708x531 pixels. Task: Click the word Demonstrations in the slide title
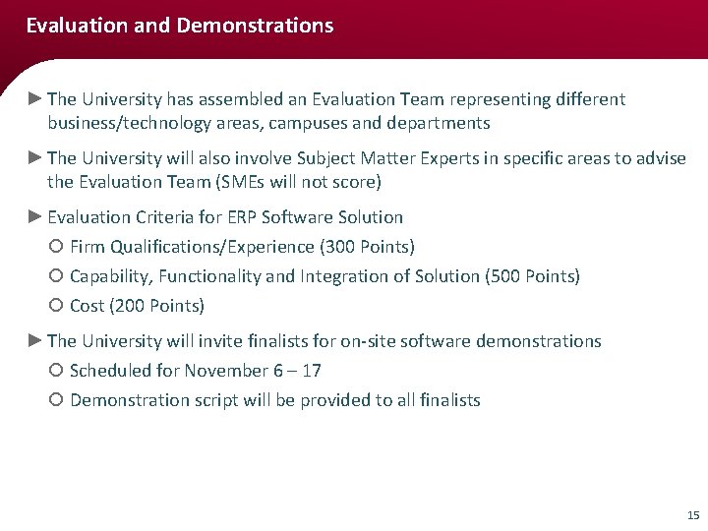[255, 26]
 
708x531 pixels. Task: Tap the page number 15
[692, 514]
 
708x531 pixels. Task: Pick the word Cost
[88, 306]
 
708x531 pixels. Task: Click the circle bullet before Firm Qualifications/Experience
[55, 247]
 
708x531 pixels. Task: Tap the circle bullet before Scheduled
[55, 371]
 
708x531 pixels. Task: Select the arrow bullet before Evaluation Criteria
[35, 216]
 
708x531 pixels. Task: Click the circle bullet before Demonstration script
[55, 400]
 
